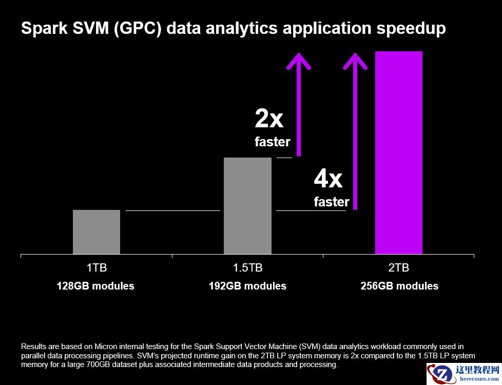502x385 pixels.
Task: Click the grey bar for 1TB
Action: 96,232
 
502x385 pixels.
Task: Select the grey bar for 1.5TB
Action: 247,205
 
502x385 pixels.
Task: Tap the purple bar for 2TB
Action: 399,152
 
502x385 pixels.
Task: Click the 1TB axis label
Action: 96,268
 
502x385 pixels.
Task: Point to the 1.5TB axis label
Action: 247,268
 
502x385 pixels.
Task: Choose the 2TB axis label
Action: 399,268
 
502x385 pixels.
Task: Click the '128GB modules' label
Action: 95,286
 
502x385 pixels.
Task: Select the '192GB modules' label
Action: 247,286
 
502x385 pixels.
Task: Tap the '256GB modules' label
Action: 399,286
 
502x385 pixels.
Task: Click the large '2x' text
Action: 269,119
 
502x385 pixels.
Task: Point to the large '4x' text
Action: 328,179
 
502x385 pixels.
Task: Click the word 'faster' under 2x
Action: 273,142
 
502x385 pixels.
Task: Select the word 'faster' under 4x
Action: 332,202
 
